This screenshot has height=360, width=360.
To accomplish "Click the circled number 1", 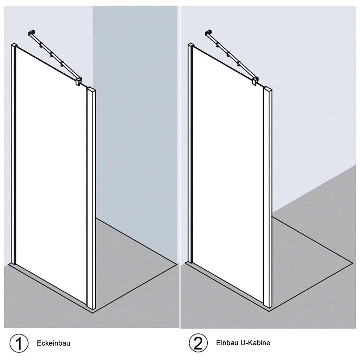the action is tap(19, 343).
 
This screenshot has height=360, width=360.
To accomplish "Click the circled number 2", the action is tap(198, 343).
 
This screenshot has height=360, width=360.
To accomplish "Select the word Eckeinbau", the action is tap(54, 343).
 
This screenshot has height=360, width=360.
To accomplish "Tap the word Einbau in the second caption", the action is tap(227, 343).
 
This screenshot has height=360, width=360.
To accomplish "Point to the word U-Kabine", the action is tap(255, 343).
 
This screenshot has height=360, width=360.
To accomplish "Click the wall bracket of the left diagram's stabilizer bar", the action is tap(31, 33).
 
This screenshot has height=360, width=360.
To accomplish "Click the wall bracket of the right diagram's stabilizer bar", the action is tap(208, 33).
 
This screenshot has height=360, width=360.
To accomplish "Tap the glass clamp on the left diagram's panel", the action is tap(79, 81).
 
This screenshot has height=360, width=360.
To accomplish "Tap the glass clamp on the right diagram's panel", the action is tap(256, 81).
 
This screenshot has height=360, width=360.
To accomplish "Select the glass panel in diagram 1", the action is tap(51, 175).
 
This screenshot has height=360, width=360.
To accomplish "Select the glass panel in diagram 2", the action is tap(228, 175).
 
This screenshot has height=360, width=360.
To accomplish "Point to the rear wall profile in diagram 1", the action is tap(14, 154).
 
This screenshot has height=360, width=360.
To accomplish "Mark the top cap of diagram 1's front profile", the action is tap(91, 89).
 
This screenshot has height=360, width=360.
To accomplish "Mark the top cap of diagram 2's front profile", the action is tap(268, 89).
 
